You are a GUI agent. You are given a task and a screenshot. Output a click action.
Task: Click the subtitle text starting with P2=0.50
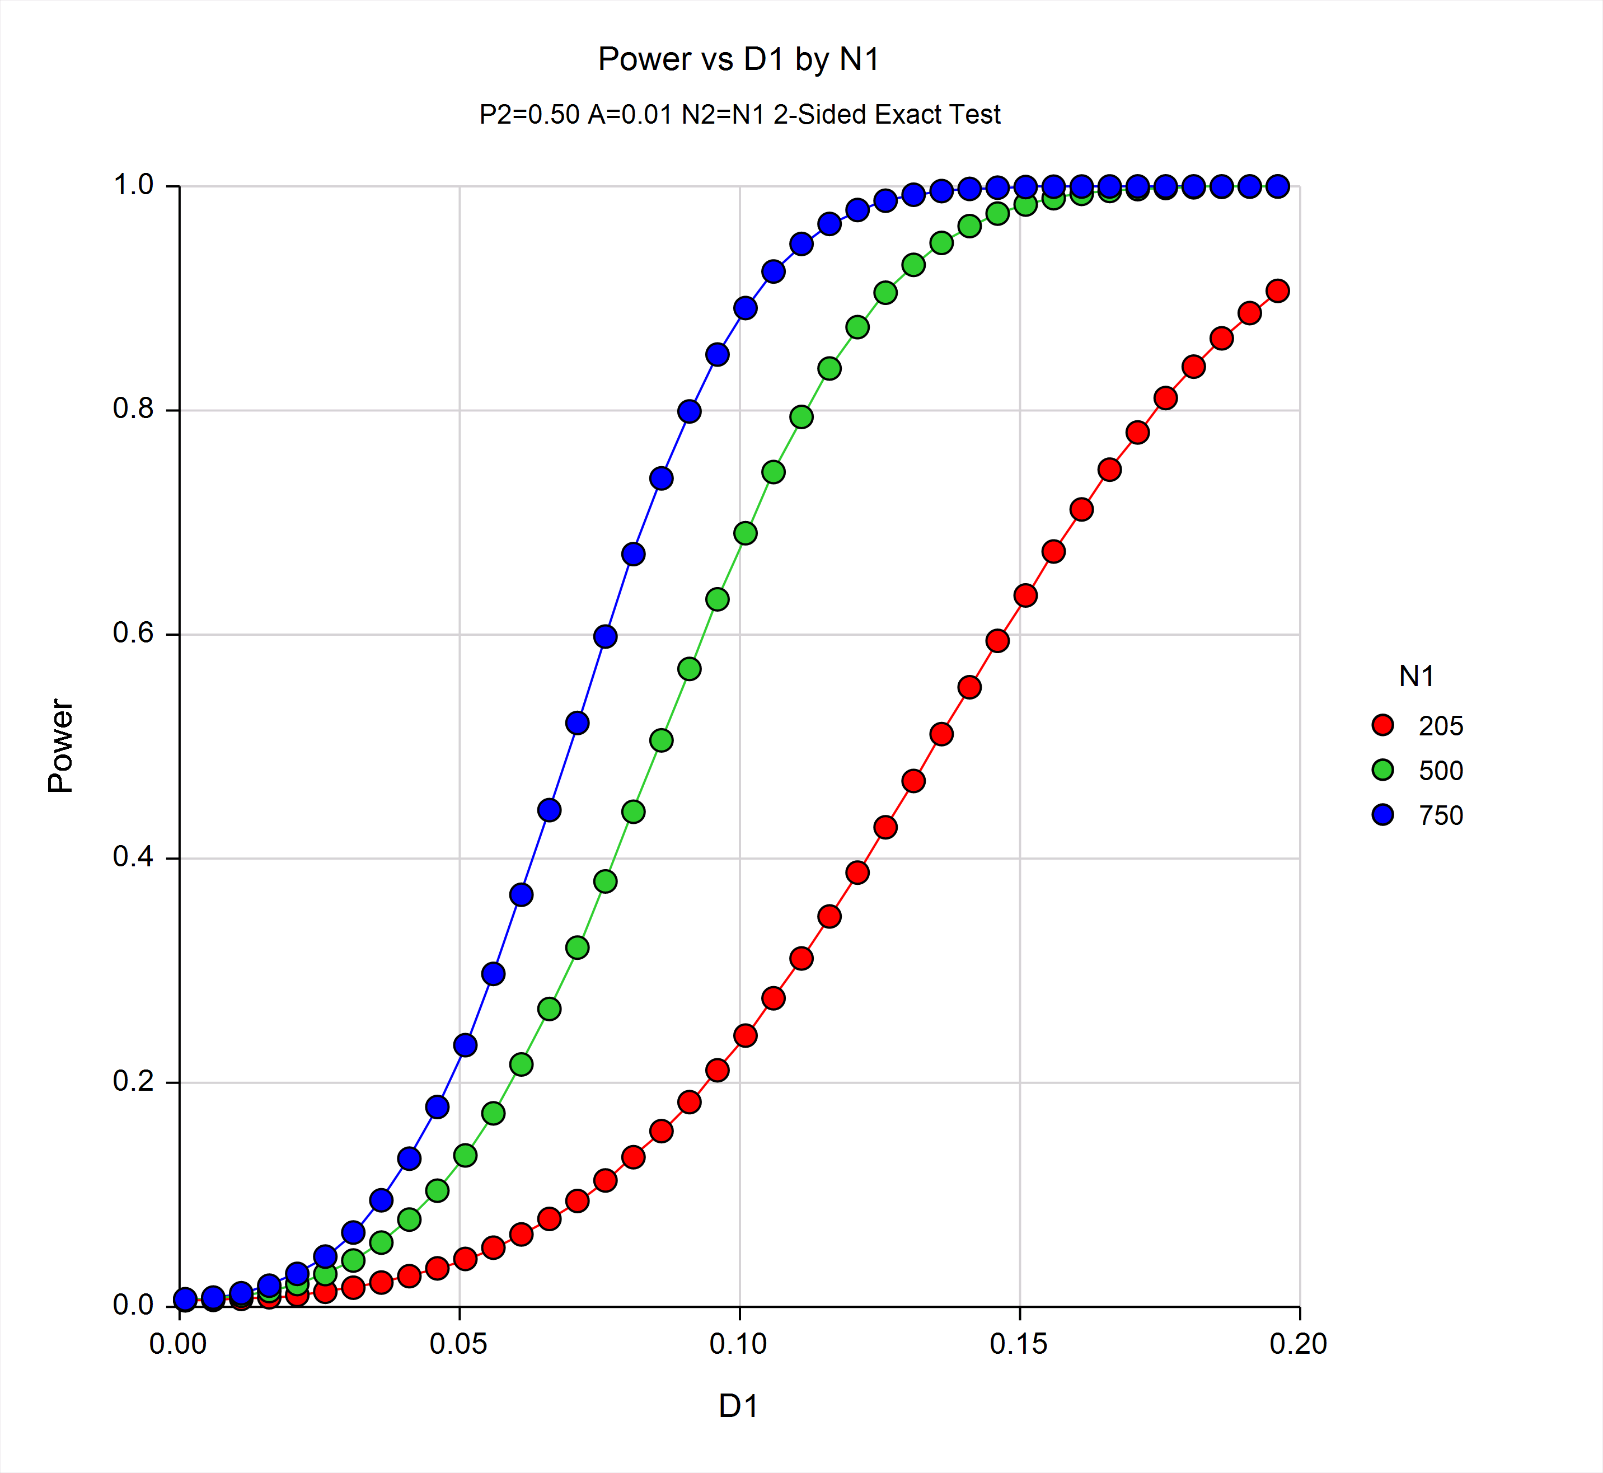tap(739, 115)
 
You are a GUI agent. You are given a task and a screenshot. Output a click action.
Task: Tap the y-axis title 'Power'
tap(60, 745)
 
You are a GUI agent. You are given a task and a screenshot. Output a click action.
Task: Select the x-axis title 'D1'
tap(738, 1406)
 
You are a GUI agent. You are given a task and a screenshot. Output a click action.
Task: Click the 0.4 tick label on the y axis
tap(133, 857)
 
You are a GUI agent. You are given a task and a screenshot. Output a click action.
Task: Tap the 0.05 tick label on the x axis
tap(458, 1344)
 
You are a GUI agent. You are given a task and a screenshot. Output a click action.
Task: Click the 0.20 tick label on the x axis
tap(1299, 1344)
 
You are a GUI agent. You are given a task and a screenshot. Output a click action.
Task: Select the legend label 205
tap(1440, 726)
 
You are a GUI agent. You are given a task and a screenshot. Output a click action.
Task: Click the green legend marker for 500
tap(1383, 770)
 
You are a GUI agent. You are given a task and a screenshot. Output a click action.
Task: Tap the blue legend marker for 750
tap(1383, 815)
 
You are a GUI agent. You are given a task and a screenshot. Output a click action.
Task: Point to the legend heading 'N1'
tap(1417, 677)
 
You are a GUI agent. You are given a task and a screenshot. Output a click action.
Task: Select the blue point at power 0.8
tap(690, 411)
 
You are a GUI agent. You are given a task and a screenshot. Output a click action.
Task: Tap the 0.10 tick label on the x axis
tap(738, 1344)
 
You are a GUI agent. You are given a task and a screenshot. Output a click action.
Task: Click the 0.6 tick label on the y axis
tap(133, 633)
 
